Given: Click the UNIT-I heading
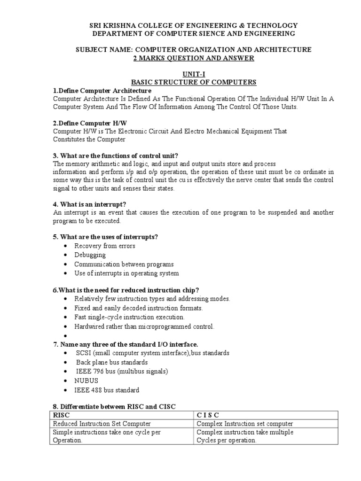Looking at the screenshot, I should point(193,74).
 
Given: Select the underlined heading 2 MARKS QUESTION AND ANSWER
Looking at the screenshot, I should point(193,58).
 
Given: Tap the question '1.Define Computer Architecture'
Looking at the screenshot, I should point(102,91).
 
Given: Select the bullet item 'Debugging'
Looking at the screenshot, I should point(90,255).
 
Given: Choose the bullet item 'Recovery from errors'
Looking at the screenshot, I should point(105,246).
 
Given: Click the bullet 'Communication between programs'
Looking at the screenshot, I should point(124,264).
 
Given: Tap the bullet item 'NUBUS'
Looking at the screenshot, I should point(87,381).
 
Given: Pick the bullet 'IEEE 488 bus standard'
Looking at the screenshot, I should point(107,390).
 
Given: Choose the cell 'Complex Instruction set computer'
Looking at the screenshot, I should point(245,424).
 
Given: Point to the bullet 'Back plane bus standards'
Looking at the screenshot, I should point(112,363).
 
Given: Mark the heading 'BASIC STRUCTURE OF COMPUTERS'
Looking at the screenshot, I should point(193,82).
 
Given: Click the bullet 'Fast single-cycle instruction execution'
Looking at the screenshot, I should point(129,318).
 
